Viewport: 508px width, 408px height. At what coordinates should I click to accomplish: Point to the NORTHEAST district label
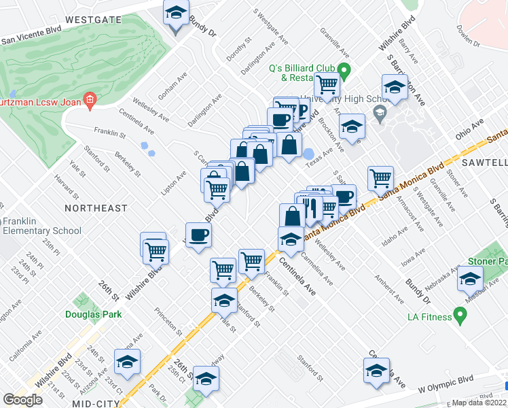[x=96, y=207]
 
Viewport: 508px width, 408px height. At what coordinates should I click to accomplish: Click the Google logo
[x=22, y=400]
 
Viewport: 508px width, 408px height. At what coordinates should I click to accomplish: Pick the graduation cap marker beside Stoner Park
[x=469, y=279]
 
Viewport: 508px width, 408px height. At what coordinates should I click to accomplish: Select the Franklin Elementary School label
[x=42, y=226]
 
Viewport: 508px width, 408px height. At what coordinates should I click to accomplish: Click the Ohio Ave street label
[x=469, y=128]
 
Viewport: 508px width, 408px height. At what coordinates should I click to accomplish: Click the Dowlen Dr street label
[x=469, y=36]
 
